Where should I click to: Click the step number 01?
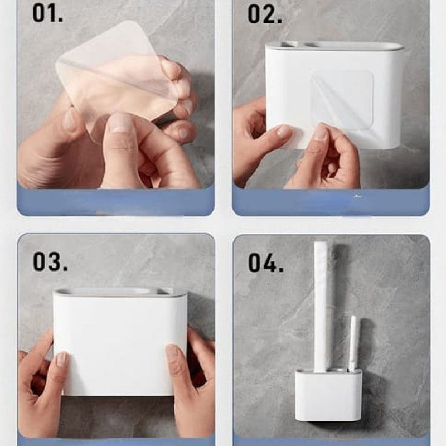pyautogui.click(x=47, y=13)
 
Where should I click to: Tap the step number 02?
pyautogui.click(x=264, y=14)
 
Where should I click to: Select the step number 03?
pyautogui.click(x=50, y=261)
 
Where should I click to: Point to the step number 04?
pyautogui.click(x=266, y=263)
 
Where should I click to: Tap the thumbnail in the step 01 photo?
pyautogui.click(x=120, y=124)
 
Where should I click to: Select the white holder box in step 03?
pyautogui.click(x=119, y=341)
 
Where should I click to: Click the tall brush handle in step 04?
pyautogui.click(x=321, y=307)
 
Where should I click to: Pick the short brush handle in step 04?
pyautogui.click(x=353, y=343)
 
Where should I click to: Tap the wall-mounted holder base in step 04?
pyautogui.click(x=328, y=395)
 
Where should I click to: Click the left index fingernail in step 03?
pyautogui.click(x=62, y=359)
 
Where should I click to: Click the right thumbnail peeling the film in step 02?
pyautogui.click(x=321, y=132)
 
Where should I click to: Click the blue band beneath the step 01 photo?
pyautogui.click(x=115, y=201)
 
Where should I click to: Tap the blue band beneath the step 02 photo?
pyautogui.click(x=331, y=201)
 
